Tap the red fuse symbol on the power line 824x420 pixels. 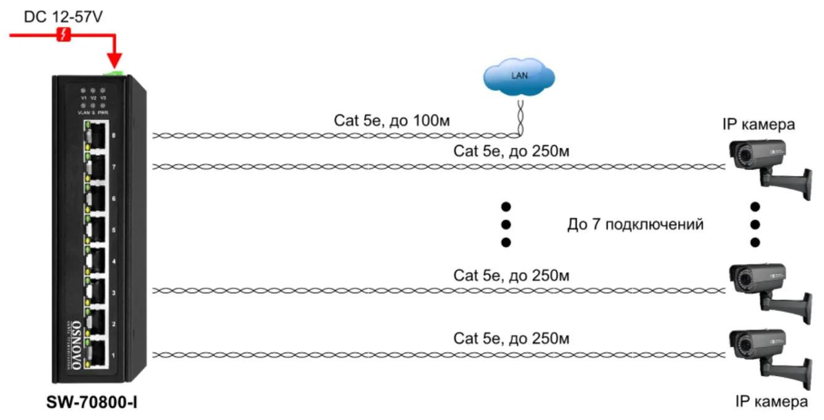62,35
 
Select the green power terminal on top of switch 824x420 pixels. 115,73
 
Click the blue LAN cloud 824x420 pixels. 518,77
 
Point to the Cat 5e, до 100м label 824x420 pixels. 392,121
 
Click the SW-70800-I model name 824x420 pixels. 91,403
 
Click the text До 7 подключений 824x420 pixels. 635,225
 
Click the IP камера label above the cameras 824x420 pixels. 758,126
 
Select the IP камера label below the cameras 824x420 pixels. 771,401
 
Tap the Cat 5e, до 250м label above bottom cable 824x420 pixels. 511,338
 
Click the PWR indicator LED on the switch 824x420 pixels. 103,106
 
